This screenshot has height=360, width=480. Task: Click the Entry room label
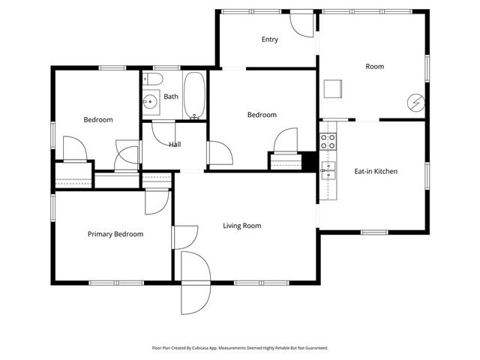(x=270, y=40)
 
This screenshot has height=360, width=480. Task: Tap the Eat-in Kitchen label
(x=375, y=172)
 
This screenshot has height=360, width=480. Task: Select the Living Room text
(x=241, y=226)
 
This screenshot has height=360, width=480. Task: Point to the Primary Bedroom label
(x=115, y=235)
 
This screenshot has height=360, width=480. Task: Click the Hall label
(x=174, y=145)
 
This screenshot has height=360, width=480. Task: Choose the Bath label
(x=171, y=97)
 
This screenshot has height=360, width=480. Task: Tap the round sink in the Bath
(x=150, y=100)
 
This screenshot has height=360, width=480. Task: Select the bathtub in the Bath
(x=194, y=96)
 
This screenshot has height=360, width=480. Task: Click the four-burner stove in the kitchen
(x=328, y=140)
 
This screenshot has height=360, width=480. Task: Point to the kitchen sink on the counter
(x=328, y=168)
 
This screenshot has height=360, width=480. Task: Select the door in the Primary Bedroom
(x=157, y=201)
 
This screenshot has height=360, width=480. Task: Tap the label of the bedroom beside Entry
(x=262, y=115)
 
